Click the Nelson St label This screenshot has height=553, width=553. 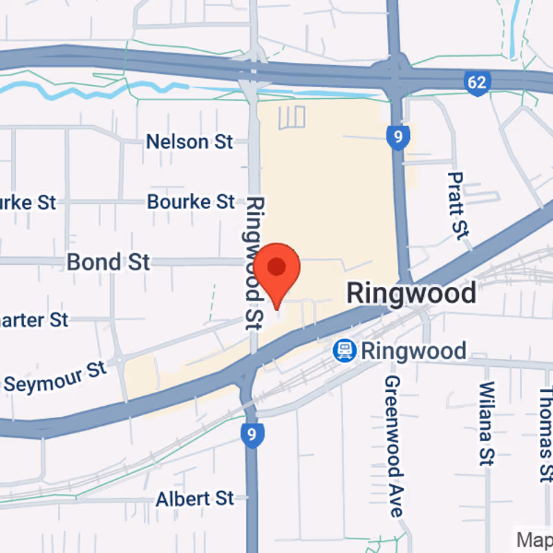(189, 142)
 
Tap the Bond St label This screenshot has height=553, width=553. (108, 262)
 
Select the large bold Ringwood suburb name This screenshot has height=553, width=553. (411, 293)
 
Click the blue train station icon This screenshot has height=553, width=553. (343, 351)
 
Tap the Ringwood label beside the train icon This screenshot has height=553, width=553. (413, 351)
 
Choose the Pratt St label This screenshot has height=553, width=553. (457, 206)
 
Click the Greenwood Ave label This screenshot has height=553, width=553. (393, 447)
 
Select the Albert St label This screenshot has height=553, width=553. (195, 498)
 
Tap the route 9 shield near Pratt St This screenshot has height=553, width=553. (396, 137)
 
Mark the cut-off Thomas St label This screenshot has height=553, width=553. (546, 432)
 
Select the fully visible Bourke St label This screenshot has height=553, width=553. (191, 202)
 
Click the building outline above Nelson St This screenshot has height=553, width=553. (292, 118)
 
